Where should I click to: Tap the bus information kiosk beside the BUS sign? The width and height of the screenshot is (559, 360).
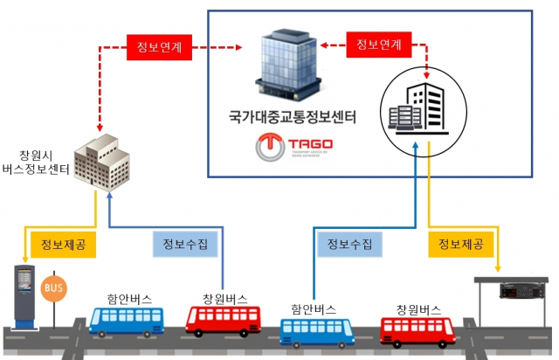24,296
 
